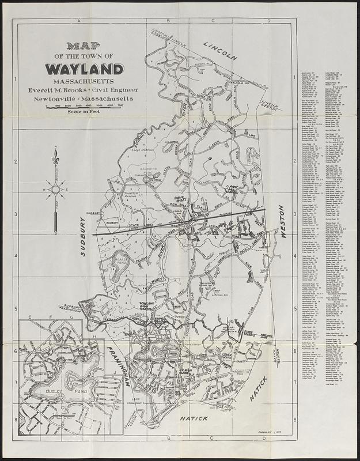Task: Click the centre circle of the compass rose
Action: [56, 188]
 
